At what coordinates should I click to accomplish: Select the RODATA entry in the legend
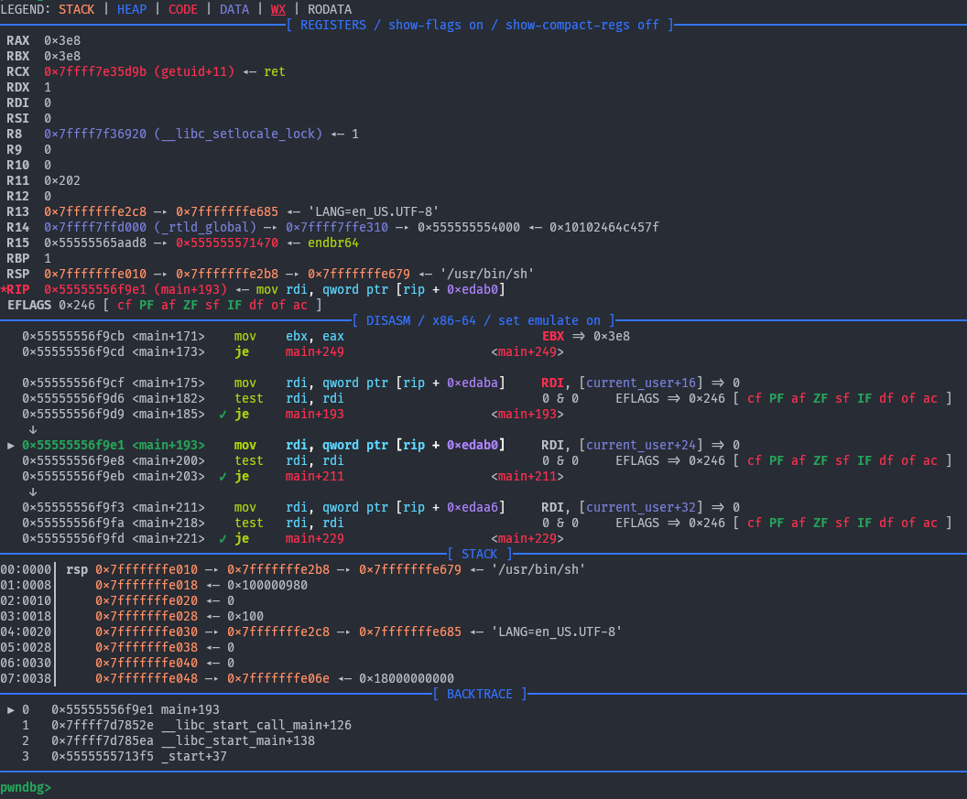tap(329, 9)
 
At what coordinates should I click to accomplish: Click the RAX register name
tap(17, 40)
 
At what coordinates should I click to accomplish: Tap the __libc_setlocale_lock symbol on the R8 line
tap(238, 134)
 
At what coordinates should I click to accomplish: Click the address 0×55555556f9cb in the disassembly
tap(73, 336)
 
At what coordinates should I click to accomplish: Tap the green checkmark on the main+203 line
tap(223, 476)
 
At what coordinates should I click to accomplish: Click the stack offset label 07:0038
tap(27, 678)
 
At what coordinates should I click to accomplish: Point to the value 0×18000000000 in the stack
tap(406, 678)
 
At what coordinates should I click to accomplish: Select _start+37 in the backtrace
tap(193, 756)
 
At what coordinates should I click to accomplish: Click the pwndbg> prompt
tap(26, 787)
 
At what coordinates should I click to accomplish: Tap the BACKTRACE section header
tap(479, 694)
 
